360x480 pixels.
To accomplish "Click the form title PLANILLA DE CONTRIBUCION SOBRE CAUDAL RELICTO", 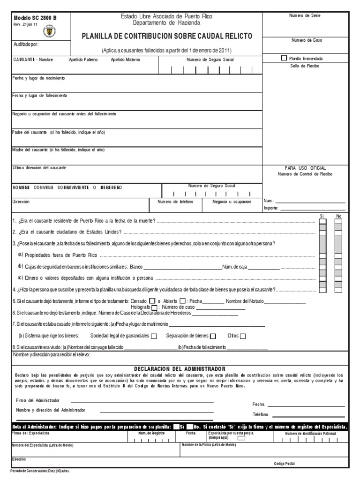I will [167, 36].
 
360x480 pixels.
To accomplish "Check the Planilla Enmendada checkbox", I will [284, 58].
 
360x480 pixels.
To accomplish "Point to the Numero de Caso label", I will [305, 40].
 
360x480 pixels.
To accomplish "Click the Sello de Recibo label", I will [305, 66].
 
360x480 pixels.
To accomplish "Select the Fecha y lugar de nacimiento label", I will [38, 77].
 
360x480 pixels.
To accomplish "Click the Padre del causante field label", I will [58, 132].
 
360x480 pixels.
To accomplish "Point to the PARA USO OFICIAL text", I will [305, 168].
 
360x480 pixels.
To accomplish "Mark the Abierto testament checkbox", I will [182, 301].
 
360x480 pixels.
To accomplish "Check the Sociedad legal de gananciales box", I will [154, 336].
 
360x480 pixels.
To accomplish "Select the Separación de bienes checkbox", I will [213, 336].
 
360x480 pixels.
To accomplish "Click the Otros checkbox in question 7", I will [242, 336].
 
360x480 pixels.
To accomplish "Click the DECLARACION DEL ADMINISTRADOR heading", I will [180, 369].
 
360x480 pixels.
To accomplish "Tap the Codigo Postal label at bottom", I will [285, 463].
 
